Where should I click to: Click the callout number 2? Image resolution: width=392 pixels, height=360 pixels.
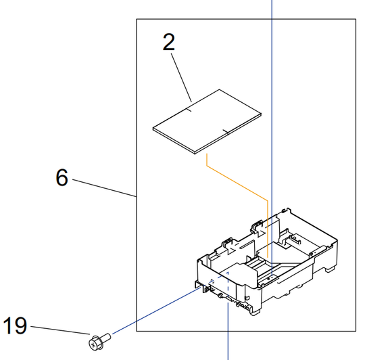(x=168, y=42)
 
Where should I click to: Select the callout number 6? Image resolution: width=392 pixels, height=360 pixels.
(x=62, y=178)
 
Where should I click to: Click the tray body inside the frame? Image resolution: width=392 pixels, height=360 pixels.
(x=267, y=264)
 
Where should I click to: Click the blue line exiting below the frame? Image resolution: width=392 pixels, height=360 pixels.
(x=228, y=345)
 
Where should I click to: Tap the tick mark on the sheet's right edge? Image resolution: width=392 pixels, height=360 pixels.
(x=226, y=131)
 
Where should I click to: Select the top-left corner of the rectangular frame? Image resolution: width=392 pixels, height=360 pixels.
(x=137, y=19)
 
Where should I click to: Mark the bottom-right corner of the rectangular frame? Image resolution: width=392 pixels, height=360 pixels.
(x=356, y=331)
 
